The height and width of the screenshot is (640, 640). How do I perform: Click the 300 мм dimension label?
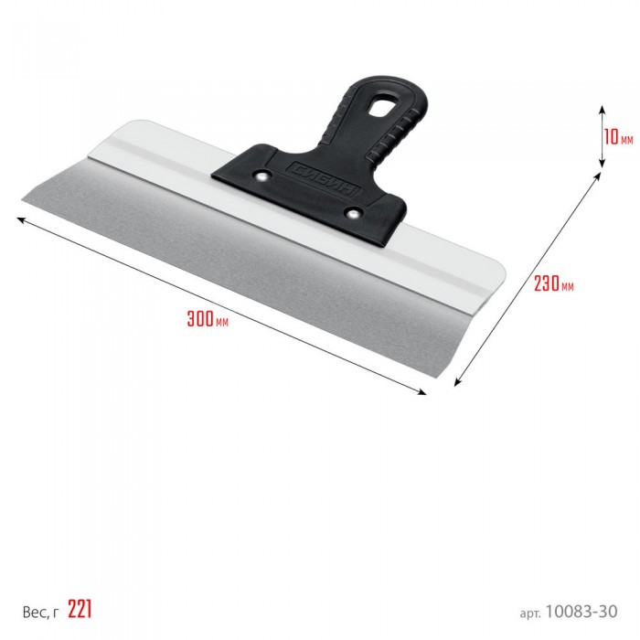coord(208,319)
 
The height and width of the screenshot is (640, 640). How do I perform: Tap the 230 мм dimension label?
coord(553,283)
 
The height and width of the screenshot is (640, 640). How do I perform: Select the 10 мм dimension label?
coord(619,137)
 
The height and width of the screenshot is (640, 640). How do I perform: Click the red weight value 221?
coord(80,609)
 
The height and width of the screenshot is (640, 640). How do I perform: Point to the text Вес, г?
coord(40,612)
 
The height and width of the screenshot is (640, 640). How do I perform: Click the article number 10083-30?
coord(581,612)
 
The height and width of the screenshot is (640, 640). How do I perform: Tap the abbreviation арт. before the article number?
coord(530,613)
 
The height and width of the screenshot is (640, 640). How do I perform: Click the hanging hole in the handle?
coord(384,104)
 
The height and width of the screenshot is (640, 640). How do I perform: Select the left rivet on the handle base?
coord(261,176)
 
